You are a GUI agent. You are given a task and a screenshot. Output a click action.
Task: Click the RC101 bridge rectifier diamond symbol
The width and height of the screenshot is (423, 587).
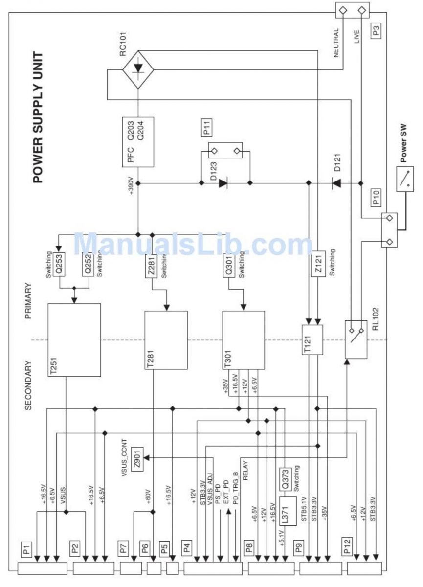(x=138, y=69)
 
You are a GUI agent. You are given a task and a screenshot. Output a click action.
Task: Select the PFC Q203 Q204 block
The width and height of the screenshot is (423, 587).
(x=138, y=142)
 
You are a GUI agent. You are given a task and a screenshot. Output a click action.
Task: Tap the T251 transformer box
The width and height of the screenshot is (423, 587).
(x=74, y=340)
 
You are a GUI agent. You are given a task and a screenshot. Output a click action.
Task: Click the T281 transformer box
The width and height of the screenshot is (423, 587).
(x=166, y=340)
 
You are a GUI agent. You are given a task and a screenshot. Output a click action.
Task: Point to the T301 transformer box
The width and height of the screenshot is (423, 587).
(x=244, y=340)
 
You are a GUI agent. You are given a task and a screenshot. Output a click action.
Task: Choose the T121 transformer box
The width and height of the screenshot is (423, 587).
(x=312, y=339)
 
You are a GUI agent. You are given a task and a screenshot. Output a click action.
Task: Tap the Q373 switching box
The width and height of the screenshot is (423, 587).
(x=285, y=479)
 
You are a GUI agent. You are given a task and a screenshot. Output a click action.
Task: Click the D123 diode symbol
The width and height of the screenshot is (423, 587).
(x=223, y=183)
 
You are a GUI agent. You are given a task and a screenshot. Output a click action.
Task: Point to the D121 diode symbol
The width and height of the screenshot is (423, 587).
(x=336, y=183)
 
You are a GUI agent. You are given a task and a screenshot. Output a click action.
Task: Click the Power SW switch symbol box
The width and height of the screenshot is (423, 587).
(x=405, y=179)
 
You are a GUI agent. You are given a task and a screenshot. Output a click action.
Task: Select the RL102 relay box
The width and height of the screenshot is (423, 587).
(x=356, y=339)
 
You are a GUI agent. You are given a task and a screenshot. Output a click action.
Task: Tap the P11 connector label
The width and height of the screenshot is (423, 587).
(x=207, y=128)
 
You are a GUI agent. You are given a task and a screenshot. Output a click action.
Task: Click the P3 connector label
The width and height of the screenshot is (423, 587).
(x=376, y=30)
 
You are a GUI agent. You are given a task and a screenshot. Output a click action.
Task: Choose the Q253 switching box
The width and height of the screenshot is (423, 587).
(x=59, y=264)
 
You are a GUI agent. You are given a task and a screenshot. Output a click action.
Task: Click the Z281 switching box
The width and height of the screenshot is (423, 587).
(x=151, y=266)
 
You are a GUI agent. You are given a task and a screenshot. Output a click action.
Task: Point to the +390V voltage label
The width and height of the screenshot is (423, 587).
(x=131, y=185)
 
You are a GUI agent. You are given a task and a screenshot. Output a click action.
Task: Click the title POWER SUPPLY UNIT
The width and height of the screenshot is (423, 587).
(x=38, y=117)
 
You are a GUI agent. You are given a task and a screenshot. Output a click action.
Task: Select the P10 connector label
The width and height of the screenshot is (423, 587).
(x=376, y=198)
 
